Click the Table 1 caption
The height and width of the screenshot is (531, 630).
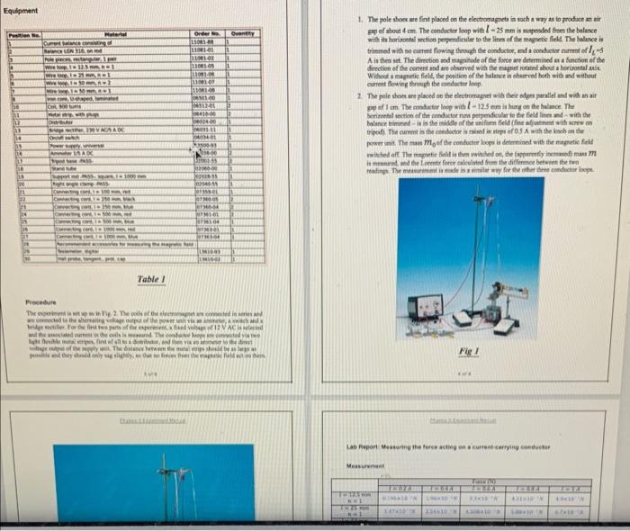coord(149,280)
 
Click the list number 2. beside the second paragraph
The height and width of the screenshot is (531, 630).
coord(360,94)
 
